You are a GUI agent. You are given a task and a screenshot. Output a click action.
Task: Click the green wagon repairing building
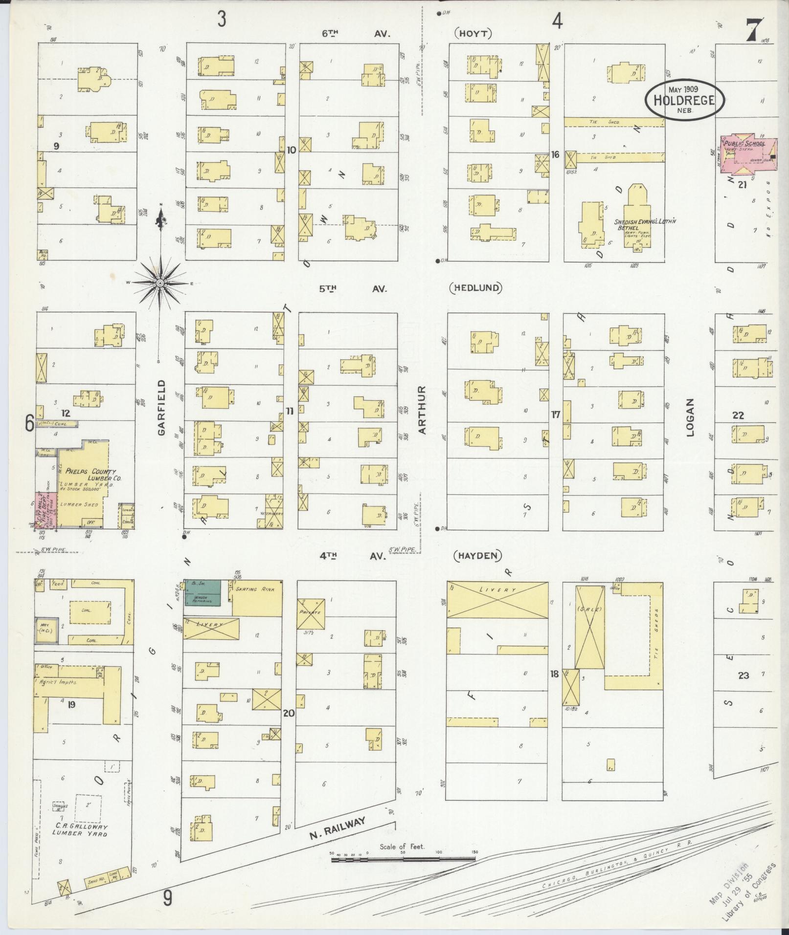click(x=202, y=592)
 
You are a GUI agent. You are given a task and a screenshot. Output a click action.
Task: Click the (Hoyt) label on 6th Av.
click(x=473, y=34)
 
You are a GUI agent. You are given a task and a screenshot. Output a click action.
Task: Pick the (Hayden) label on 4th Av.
click(x=478, y=555)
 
